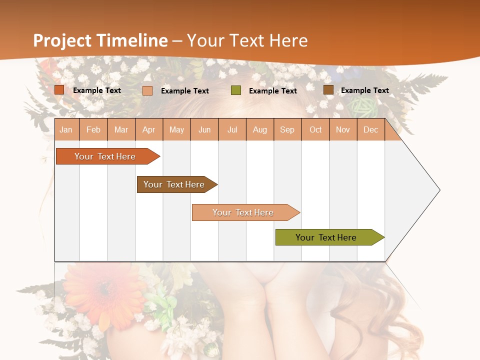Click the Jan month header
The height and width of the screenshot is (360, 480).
click(x=66, y=130)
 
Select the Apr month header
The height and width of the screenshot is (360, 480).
click(x=148, y=130)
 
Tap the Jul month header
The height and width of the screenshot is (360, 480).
click(x=232, y=130)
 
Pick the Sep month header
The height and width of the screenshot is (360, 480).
click(x=287, y=130)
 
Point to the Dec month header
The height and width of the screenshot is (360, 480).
click(x=370, y=130)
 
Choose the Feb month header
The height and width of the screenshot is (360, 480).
click(x=93, y=130)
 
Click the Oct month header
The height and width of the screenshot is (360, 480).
click(x=315, y=130)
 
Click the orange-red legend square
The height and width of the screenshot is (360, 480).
click(x=59, y=90)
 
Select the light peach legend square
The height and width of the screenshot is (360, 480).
click(x=147, y=90)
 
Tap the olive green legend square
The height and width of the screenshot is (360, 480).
click(x=236, y=90)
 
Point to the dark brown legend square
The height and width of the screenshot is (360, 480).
click(x=328, y=90)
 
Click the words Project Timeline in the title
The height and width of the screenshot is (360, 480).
click(x=100, y=40)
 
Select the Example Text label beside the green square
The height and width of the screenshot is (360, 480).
click(x=272, y=91)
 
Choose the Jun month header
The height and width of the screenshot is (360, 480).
click(x=204, y=130)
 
